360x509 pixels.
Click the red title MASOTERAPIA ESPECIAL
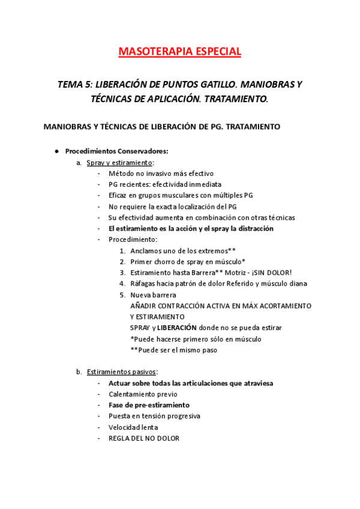[x=180, y=52]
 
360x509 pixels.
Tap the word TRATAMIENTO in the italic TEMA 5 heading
[x=237, y=99]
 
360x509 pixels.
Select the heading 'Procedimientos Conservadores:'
[x=116, y=151]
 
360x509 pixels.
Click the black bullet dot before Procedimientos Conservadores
[x=56, y=151]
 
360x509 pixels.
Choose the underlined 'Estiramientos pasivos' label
[x=121, y=372]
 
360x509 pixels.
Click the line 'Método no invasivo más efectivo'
[x=157, y=173]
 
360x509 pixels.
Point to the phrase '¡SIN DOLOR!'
[x=271, y=273]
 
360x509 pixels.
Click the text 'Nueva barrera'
[x=153, y=295]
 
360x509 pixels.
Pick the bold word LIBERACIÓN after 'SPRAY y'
[x=177, y=328]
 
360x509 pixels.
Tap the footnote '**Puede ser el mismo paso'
[x=173, y=350]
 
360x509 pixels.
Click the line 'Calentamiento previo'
[x=143, y=394]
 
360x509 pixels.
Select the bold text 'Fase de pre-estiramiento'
[x=149, y=405]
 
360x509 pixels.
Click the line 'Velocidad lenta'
[x=133, y=427]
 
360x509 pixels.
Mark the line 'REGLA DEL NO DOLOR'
[x=143, y=438]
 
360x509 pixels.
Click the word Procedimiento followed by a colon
[x=133, y=239]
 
